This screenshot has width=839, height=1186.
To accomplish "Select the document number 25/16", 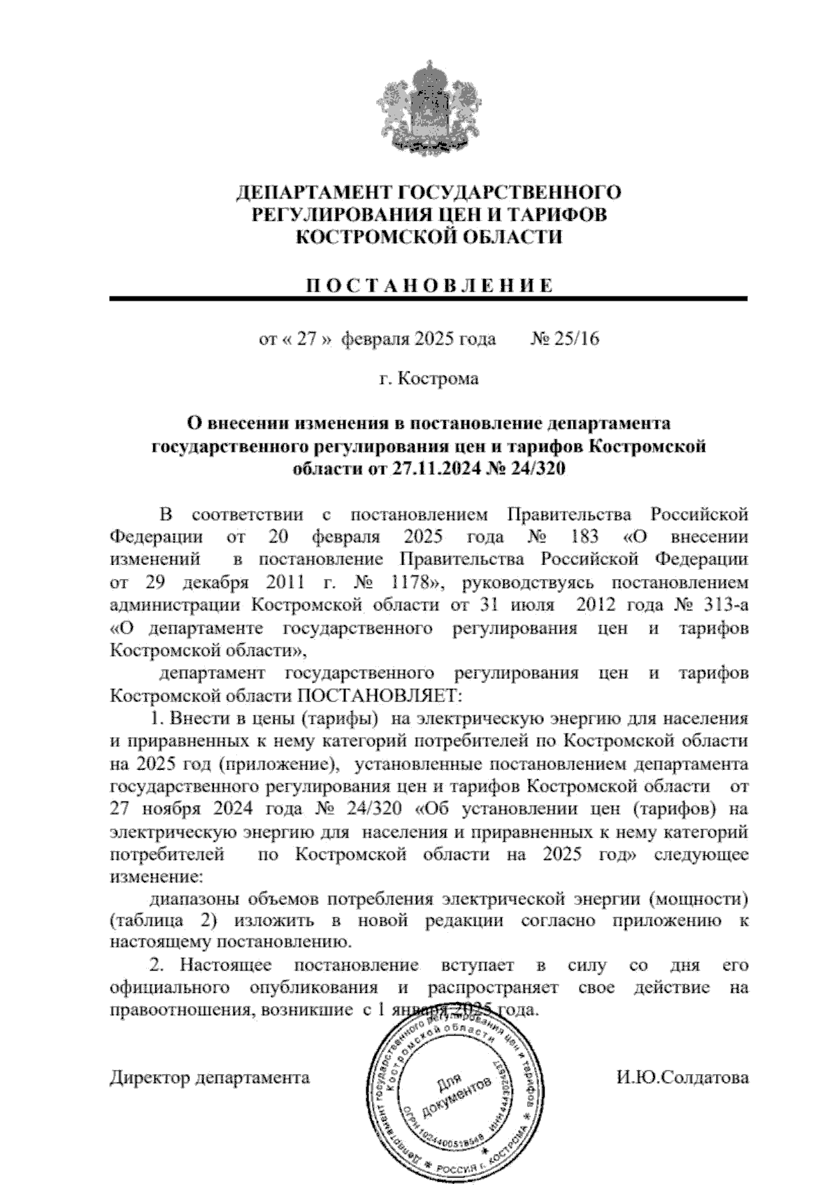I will point(578,340).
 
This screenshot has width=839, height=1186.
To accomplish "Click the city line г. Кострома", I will point(429,379).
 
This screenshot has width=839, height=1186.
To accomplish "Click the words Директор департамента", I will point(209,1077).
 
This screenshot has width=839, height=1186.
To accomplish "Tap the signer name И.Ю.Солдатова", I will point(682,1077).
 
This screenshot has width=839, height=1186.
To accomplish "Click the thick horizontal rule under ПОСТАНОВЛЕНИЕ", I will point(428,299).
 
